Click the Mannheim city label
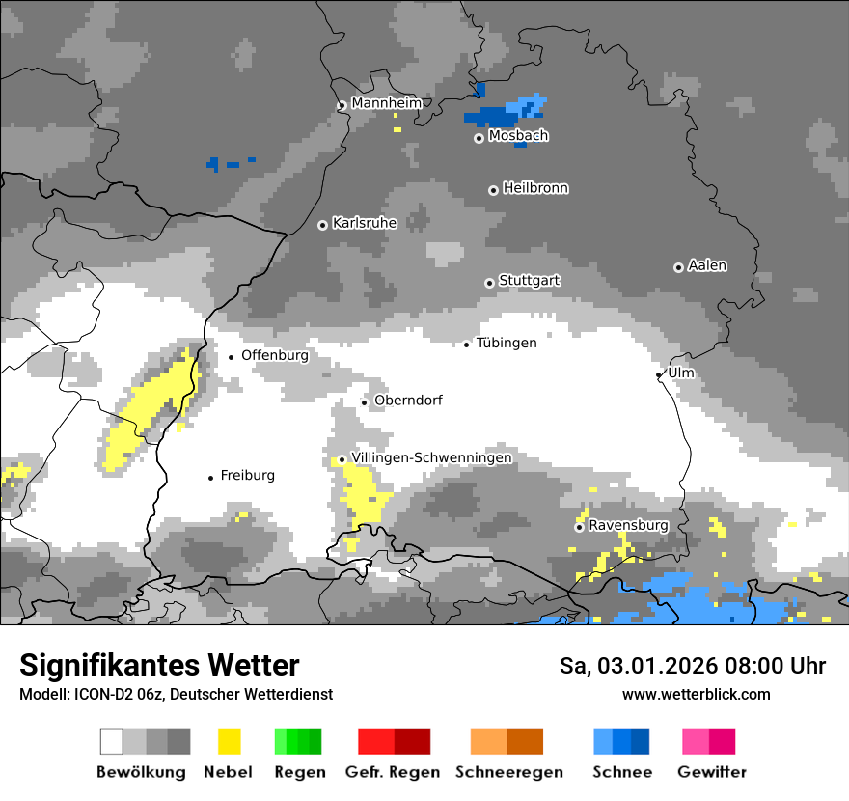point(386,103)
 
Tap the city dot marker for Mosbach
point(479,138)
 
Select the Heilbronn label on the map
point(535,188)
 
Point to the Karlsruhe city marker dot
point(323,225)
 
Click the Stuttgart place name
point(530,281)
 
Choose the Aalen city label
point(707,265)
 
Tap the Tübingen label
point(507,343)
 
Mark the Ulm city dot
point(659,374)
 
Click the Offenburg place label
point(275,355)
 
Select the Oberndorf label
point(408,400)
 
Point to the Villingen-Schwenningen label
point(431,457)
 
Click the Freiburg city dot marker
point(210,478)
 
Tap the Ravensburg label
point(628,525)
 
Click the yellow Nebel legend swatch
point(230,741)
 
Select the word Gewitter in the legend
point(712,772)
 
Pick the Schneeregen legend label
point(508,772)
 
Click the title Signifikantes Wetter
point(159,665)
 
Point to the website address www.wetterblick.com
point(696,694)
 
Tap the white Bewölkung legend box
point(112,741)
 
